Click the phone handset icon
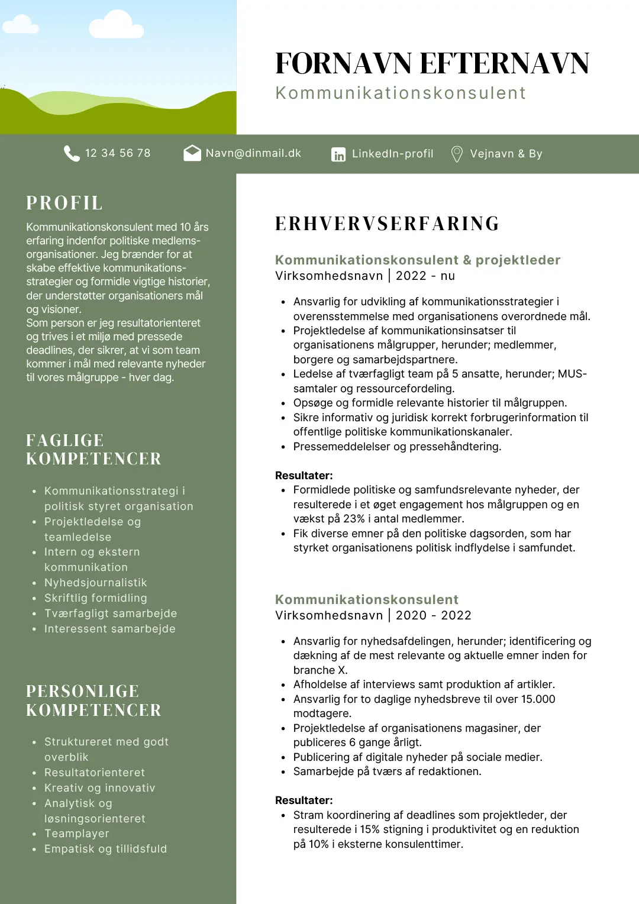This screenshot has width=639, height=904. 72,153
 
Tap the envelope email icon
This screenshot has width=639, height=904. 192,153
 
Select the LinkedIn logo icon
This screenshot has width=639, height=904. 338,154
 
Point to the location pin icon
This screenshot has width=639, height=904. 457,154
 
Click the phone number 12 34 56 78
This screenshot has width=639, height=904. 118,153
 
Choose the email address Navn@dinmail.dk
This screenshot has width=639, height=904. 253,153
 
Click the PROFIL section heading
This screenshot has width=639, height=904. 64,203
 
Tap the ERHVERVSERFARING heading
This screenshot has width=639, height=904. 388,224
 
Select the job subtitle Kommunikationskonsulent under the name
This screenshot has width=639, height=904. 401,93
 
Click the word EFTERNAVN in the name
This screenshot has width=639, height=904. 505,63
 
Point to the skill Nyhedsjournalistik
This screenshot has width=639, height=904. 96,583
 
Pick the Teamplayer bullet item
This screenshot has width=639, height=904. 77,834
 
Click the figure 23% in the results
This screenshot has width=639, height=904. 354,519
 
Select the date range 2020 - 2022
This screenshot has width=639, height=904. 434,615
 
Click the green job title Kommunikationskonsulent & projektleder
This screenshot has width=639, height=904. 418,260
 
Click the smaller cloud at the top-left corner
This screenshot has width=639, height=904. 20,25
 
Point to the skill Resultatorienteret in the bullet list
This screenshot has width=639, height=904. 95,773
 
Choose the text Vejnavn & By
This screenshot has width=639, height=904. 506,154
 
